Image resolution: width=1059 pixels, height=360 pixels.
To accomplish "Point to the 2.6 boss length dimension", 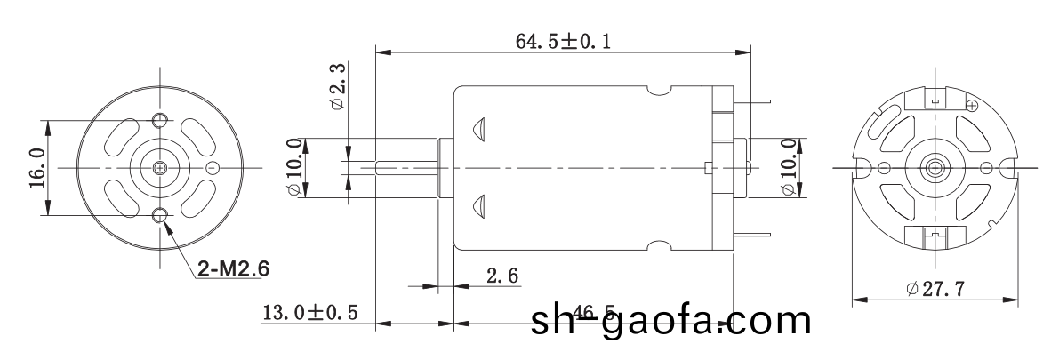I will pyautogui.click(x=502, y=276).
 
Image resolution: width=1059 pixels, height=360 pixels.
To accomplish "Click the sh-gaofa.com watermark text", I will pyautogui.click(x=670, y=322).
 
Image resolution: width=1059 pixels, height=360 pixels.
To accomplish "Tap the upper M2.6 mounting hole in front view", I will pyautogui.click(x=160, y=121).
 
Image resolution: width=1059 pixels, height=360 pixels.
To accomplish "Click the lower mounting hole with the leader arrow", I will pyautogui.click(x=160, y=214).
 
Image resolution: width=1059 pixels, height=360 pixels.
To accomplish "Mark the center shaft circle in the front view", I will pyautogui.click(x=160, y=167).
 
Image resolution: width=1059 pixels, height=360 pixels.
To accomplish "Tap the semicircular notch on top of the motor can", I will pyautogui.click(x=659, y=90).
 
